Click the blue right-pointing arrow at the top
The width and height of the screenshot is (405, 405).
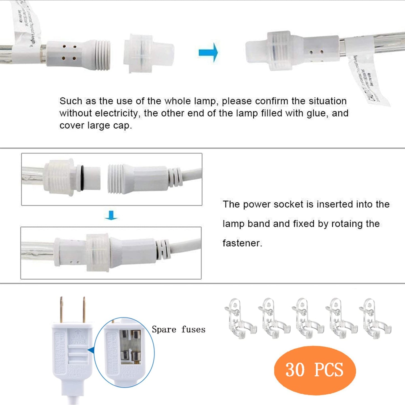[x=208, y=52]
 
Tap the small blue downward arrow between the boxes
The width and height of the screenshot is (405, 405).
[x=111, y=215]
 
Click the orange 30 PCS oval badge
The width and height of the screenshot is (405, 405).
[x=315, y=370]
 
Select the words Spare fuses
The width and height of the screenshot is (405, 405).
[x=179, y=329]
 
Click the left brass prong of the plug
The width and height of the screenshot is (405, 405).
[x=61, y=310]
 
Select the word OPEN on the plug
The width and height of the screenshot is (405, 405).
[x=78, y=337]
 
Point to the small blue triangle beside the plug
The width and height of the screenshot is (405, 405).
[x=90, y=350]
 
